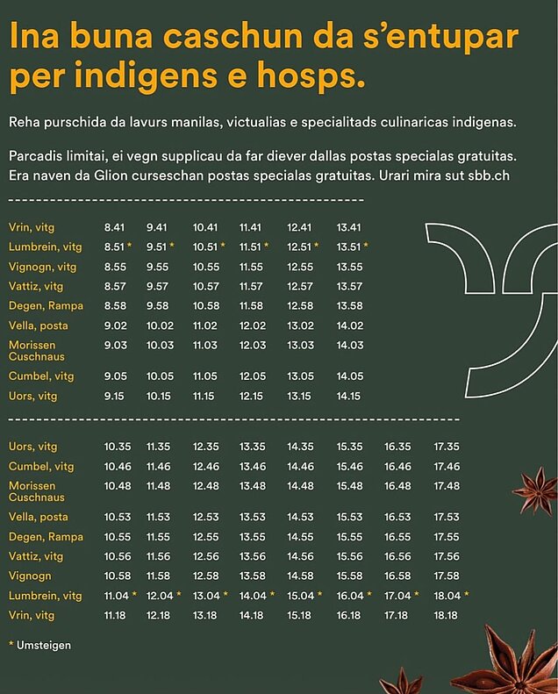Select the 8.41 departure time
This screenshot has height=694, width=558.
pyautogui.click(x=115, y=228)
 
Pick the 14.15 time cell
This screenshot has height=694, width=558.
pyautogui.click(x=349, y=396)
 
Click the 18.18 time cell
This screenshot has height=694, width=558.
pyautogui.click(x=446, y=616)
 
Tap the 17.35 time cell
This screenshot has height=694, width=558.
pyautogui.click(x=446, y=447)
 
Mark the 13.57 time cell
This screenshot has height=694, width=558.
pyautogui.click(x=349, y=286)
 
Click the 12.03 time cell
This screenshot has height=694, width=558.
pyautogui.click(x=252, y=346)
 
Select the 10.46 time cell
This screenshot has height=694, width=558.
pyautogui.click(x=117, y=467)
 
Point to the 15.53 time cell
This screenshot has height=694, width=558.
pyautogui.click(x=349, y=517)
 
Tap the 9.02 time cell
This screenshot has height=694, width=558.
pyautogui.click(x=115, y=326)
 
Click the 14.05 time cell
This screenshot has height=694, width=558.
pyautogui.click(x=349, y=376)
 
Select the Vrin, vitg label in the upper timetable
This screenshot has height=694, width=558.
pyautogui.click(x=32, y=228)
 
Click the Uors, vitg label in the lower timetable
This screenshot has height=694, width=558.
pyautogui.click(x=32, y=447)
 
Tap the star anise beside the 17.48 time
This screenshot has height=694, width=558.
pyautogui.click(x=534, y=490)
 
